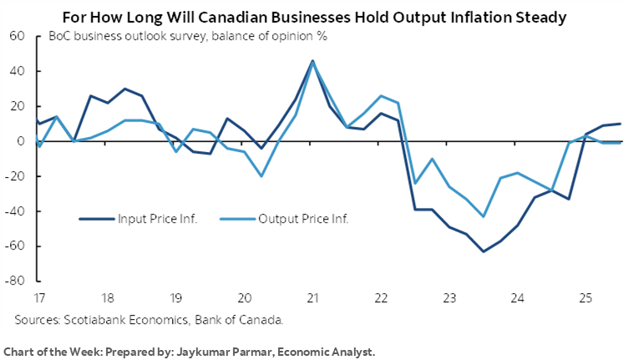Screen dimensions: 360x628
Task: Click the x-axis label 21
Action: tap(312, 297)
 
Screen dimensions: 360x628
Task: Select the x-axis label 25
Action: tap(586, 297)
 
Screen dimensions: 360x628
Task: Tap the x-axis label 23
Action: tap(449, 297)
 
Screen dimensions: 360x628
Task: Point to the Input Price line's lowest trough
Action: tap(482, 251)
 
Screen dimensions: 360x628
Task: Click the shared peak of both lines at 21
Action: tap(312, 61)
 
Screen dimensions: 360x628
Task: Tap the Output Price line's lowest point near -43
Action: tap(483, 216)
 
